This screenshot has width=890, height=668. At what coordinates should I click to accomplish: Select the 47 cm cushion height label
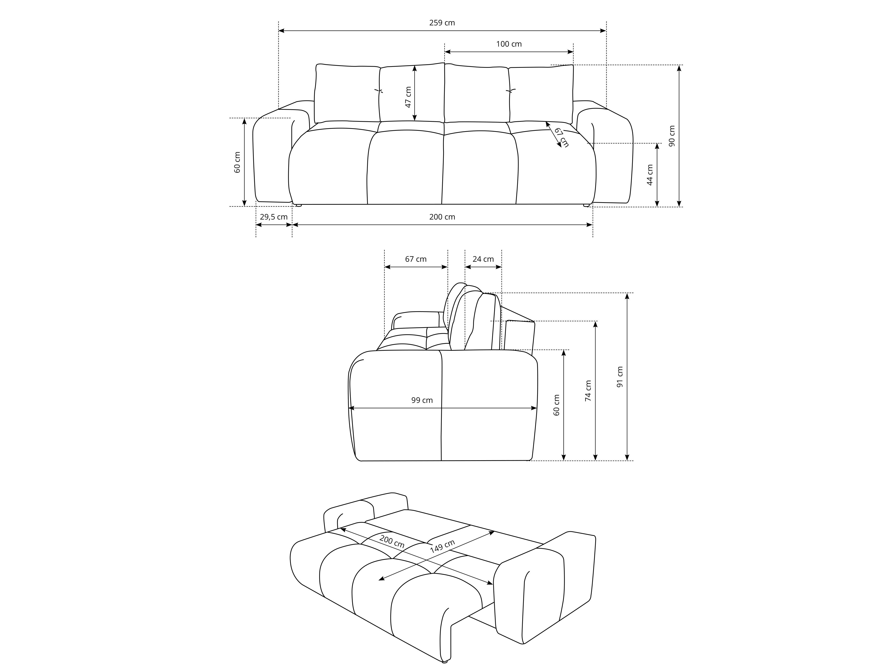pyautogui.click(x=408, y=97)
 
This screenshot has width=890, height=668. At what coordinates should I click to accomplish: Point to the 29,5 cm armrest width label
pyautogui.click(x=274, y=217)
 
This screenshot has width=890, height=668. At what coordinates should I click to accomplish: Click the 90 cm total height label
pyautogui.click(x=672, y=136)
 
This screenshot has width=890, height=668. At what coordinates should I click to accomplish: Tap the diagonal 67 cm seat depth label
pyautogui.click(x=562, y=137)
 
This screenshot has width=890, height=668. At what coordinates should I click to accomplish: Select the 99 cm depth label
pyautogui.click(x=422, y=400)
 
